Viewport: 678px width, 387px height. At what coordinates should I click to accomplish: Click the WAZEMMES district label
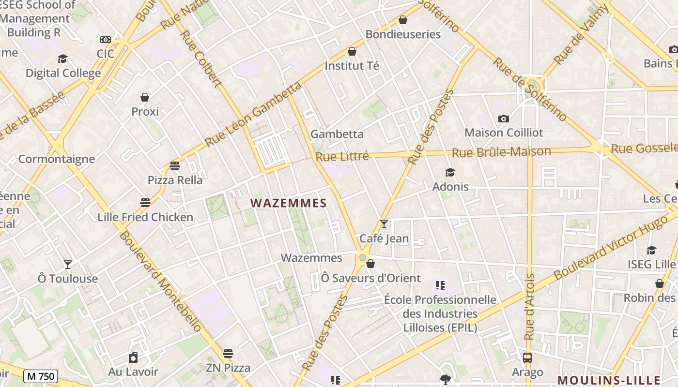[x=289, y=203]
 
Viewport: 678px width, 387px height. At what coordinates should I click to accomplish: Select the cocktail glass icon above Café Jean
[x=384, y=223]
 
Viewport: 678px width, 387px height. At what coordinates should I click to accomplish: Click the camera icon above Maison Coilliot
[x=504, y=119]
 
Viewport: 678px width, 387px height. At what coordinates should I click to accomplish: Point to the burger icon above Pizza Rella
[x=175, y=166]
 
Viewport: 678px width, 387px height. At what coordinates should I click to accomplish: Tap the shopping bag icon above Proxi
[x=145, y=97]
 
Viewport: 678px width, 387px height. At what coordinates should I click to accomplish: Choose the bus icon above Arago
[x=527, y=358]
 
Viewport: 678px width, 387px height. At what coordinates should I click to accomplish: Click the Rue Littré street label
[x=342, y=156]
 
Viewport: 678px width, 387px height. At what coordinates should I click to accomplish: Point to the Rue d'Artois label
[x=529, y=307]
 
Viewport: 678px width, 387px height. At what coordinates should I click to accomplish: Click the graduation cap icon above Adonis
[x=450, y=172]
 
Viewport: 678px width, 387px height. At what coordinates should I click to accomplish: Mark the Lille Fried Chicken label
[x=145, y=217]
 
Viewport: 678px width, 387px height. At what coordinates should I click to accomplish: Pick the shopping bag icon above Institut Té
[x=352, y=51]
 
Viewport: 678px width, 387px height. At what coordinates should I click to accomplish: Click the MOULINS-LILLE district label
[x=609, y=380]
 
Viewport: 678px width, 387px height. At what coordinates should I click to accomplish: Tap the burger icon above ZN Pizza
[x=228, y=354]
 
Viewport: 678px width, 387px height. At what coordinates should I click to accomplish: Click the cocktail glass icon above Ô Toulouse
[x=68, y=264]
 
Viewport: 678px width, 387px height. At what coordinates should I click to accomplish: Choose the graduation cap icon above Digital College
[x=62, y=59]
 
